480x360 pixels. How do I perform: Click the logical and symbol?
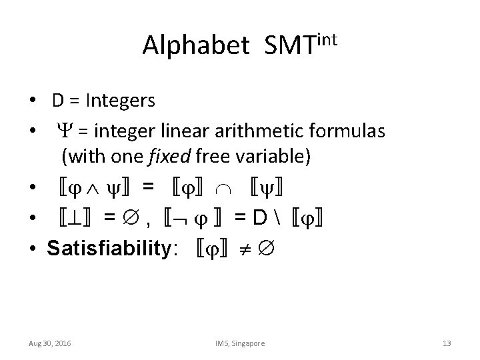tap(89, 189)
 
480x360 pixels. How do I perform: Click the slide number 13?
tap(447, 343)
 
